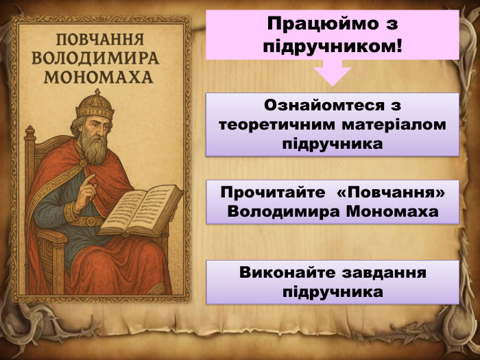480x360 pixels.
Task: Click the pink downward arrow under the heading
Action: tap(332, 73)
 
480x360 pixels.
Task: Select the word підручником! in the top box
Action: tap(333, 47)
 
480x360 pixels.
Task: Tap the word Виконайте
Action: tap(280, 273)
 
